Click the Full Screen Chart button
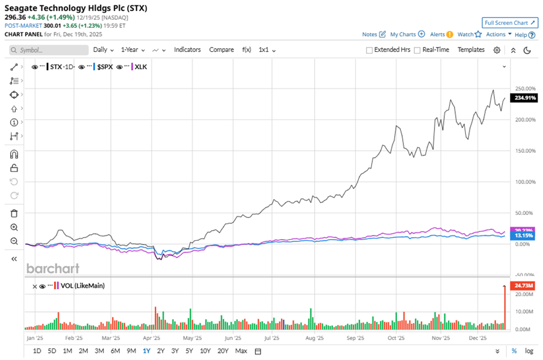pos(509,23)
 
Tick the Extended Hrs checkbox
pos(369,50)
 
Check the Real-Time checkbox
pos(417,50)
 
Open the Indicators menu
pos(187,49)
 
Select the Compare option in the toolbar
pos(221,49)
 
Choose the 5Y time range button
pos(189,351)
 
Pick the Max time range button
pos(241,351)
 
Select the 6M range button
pos(115,351)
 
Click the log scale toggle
pos(529,351)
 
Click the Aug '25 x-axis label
pos(314,338)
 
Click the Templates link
pos(471,49)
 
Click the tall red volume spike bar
pos(504,307)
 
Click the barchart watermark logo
pos(52,268)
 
